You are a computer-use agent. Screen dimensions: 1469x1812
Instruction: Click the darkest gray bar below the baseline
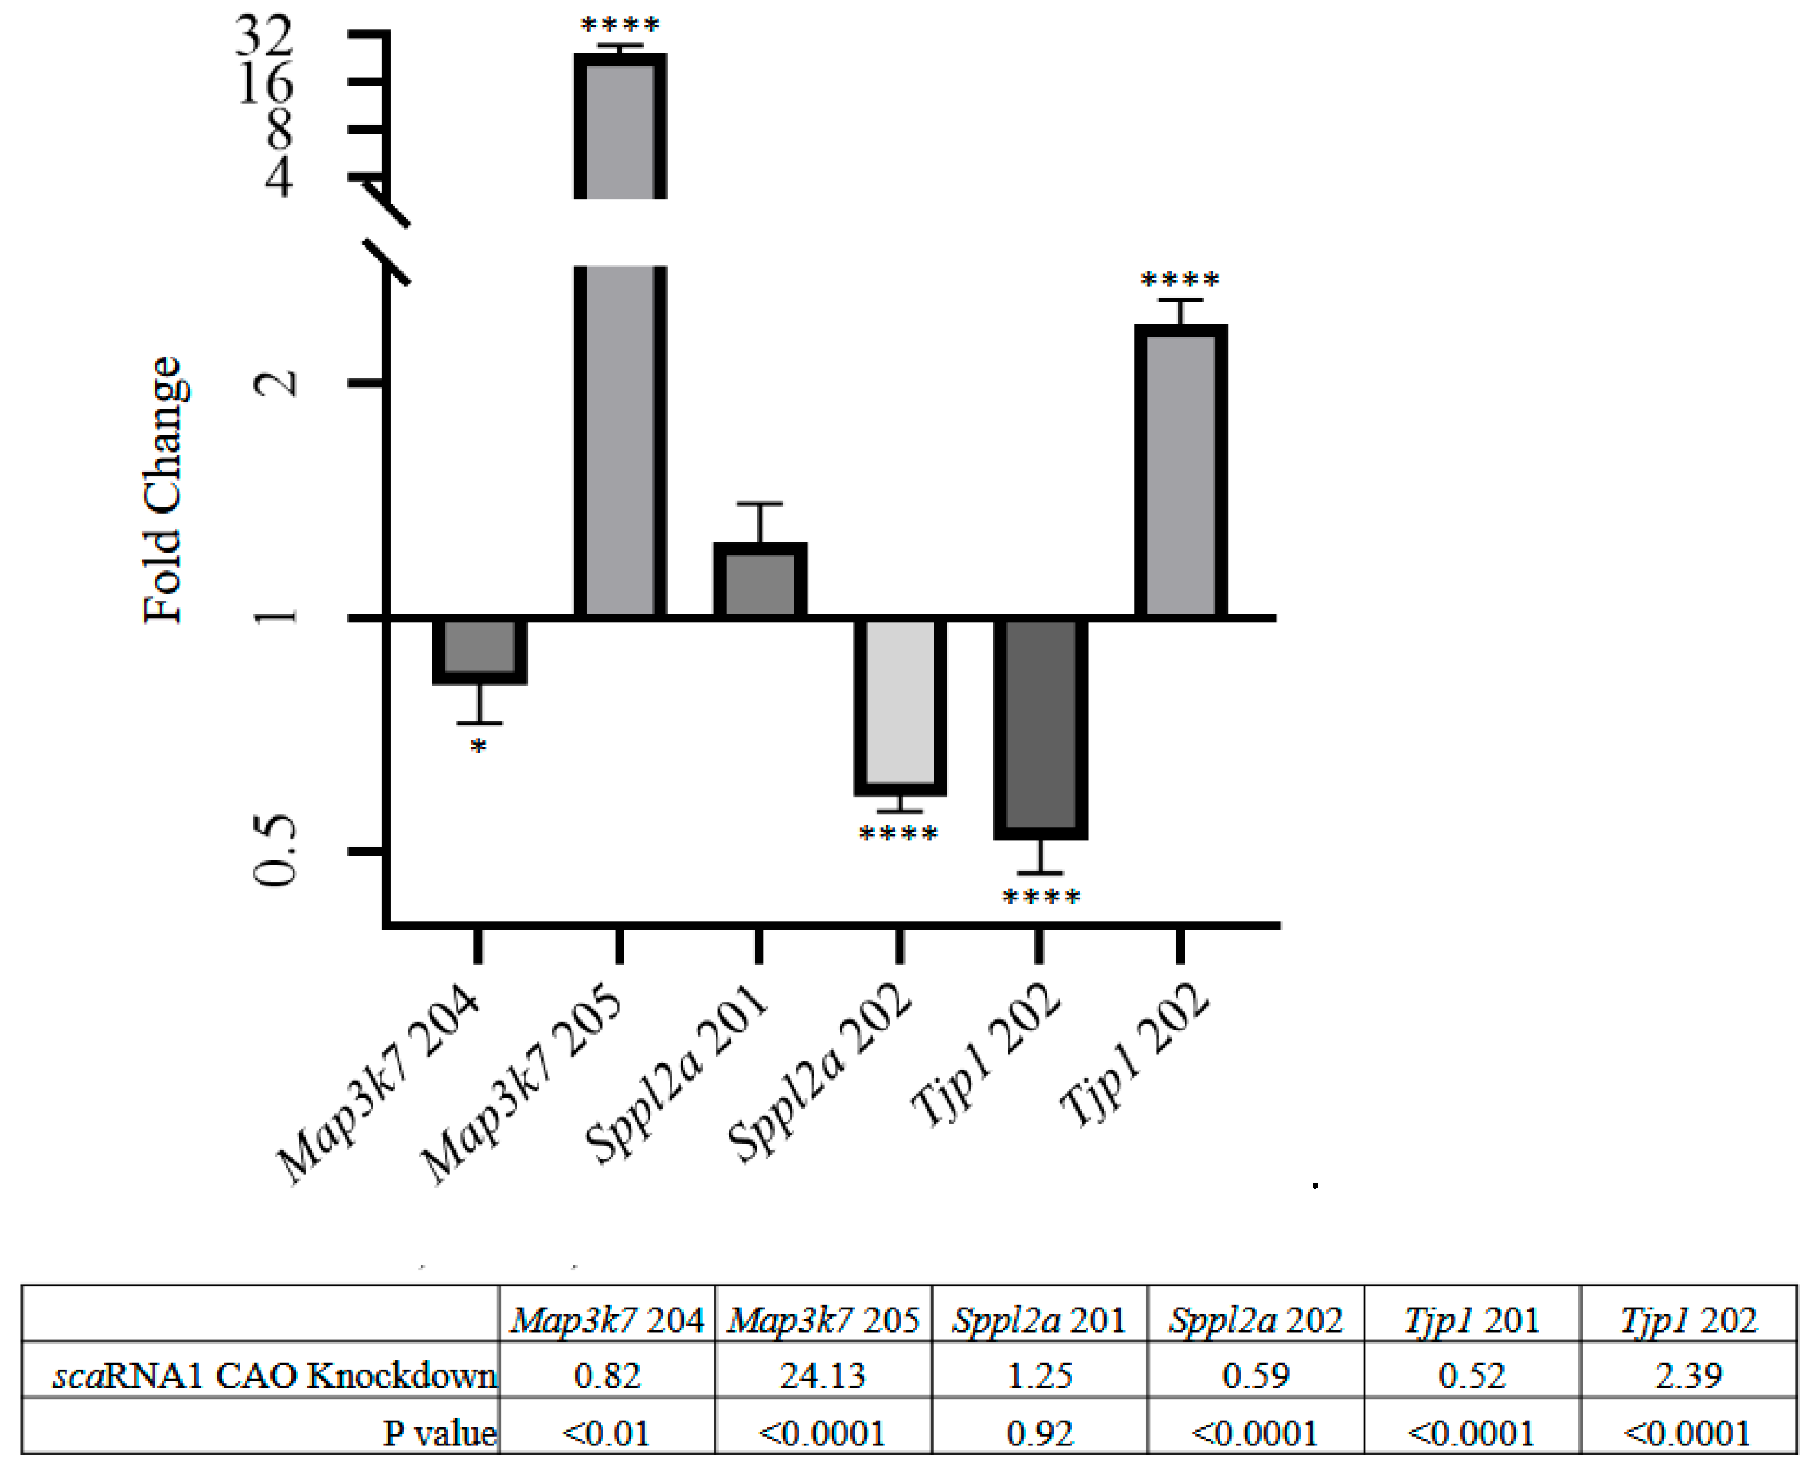coord(1040,728)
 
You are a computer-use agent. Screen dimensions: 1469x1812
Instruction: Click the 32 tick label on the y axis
coord(264,35)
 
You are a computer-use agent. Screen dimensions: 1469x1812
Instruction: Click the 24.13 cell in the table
coord(822,1376)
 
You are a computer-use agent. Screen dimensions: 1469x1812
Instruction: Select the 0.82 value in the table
coord(607,1376)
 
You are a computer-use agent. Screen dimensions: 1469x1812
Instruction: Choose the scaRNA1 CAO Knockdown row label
coord(274,1376)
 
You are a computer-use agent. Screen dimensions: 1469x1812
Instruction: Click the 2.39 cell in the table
coord(1688,1376)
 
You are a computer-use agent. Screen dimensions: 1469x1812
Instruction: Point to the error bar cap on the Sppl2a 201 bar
coord(759,504)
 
